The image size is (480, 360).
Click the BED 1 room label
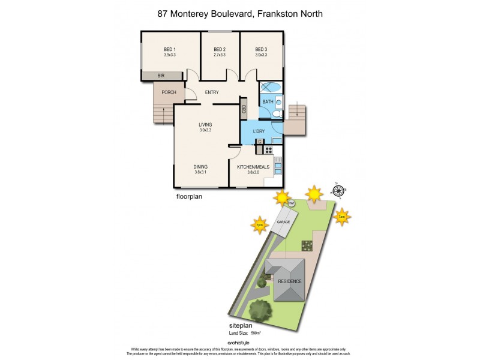169,49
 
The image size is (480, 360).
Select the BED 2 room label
220,49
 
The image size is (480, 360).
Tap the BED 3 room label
260,49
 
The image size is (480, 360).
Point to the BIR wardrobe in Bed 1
161,76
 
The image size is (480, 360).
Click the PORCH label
169,92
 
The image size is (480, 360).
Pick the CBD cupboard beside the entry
244,109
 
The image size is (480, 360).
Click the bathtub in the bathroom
271,87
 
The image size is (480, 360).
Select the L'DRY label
259,131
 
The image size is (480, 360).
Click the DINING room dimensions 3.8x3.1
200,172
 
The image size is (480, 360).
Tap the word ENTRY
212,92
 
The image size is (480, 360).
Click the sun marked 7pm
260,225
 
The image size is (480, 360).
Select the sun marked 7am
342,217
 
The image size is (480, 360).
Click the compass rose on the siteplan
338,192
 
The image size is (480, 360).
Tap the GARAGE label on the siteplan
283,222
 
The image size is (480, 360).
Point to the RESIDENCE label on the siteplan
289,281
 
